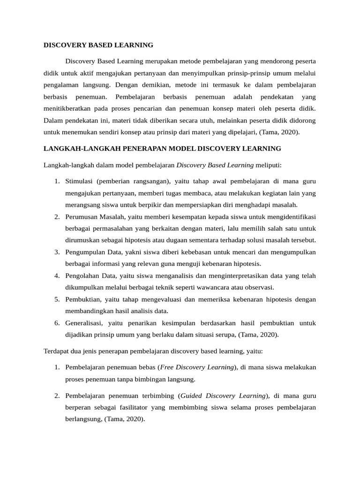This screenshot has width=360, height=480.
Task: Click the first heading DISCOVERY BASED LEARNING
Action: point(98,45)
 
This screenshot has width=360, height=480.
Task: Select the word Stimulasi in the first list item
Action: point(80,180)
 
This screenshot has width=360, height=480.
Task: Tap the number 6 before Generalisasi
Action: point(56,323)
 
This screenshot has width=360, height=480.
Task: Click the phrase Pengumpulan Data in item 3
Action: point(93,252)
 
